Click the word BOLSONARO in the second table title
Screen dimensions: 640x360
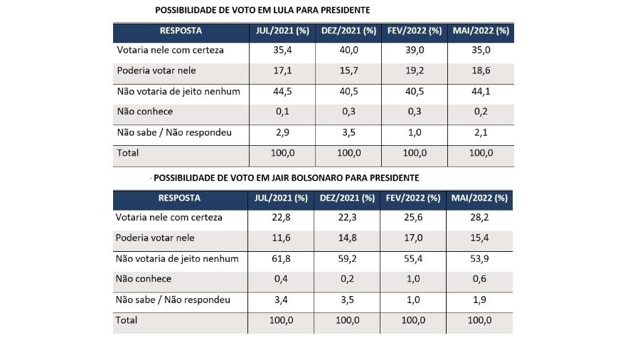click(x=317, y=178)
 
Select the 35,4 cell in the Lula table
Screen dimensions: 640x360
click(x=282, y=51)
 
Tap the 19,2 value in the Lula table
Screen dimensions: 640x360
click(x=415, y=70)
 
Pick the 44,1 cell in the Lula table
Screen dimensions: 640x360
click(x=481, y=92)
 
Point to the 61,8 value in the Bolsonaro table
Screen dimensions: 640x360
click(x=281, y=259)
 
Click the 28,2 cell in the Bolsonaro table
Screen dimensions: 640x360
click(x=479, y=218)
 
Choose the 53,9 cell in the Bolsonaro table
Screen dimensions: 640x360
click(x=479, y=259)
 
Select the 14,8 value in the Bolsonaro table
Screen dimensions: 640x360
click(x=347, y=238)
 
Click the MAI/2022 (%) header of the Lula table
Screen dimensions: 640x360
click(x=481, y=31)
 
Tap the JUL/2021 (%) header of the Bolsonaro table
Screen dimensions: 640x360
click(x=281, y=198)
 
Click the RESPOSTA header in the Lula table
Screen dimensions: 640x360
click(x=181, y=31)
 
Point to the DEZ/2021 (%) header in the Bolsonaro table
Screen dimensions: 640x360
click(x=347, y=198)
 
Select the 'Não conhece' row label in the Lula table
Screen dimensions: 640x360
click(x=145, y=112)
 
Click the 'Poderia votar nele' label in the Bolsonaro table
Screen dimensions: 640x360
click(x=155, y=238)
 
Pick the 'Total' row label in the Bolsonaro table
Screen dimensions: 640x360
click(x=127, y=320)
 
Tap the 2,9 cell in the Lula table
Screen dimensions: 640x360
click(x=282, y=132)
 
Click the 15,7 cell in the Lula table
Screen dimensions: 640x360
click(x=348, y=70)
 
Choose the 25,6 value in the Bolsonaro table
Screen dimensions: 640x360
click(x=413, y=218)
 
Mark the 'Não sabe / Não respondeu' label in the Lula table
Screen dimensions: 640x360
click(x=174, y=132)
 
